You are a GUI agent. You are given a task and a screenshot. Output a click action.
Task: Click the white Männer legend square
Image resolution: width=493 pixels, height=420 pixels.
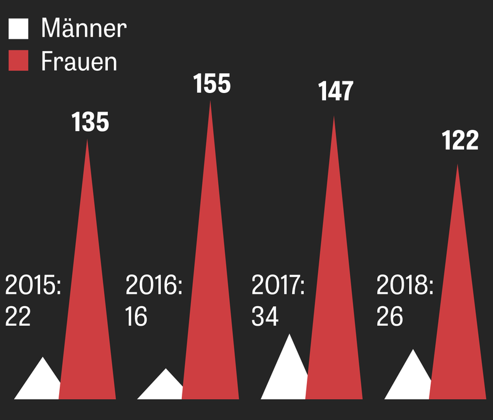tap(18, 28)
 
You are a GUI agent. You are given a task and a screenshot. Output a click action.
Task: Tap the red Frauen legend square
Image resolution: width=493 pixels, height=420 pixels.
tap(18, 62)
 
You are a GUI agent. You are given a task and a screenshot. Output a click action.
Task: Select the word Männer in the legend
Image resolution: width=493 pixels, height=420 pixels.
tap(84, 28)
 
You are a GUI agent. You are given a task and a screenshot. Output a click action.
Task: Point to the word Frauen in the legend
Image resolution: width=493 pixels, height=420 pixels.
tap(79, 62)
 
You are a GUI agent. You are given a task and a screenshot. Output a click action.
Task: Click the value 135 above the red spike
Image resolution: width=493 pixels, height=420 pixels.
tap(90, 123)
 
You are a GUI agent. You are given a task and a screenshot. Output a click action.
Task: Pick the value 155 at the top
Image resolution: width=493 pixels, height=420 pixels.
tap(212, 84)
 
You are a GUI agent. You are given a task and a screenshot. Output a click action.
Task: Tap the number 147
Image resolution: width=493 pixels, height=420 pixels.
tap(336, 91)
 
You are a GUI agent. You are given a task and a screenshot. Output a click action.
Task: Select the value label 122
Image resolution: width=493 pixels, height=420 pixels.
tap(460, 141)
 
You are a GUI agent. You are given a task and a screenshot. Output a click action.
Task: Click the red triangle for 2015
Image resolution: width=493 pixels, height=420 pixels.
tap(88, 320)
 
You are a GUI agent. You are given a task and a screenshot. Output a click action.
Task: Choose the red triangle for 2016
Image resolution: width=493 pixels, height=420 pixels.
tap(211, 308)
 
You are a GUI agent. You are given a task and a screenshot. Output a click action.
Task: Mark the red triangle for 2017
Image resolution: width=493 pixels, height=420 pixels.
tap(334, 314)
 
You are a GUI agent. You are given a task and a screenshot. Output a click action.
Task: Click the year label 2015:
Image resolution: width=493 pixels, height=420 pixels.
tap(33, 286)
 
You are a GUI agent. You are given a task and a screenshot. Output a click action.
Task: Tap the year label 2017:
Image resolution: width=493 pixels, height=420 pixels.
tap(279, 286)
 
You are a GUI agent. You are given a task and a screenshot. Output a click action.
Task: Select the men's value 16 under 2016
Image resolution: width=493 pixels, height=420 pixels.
tap(136, 317)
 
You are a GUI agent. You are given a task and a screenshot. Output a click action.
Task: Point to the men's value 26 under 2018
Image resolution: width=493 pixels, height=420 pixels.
tap(389, 317)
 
